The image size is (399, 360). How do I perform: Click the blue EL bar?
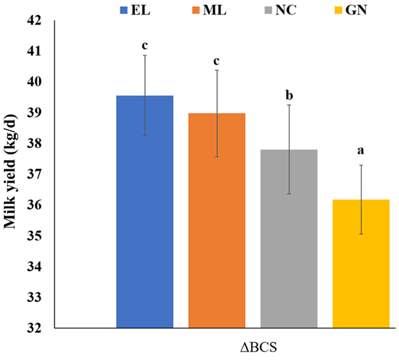coord(145,222)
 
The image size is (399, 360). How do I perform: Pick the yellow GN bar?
coord(361,266)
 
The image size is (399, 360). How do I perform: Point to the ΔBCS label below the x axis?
coord(255,348)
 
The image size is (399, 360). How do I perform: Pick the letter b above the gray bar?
coord(289,95)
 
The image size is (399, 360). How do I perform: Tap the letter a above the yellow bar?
coord(361,151)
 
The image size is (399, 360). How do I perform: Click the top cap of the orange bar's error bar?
coord(217,70)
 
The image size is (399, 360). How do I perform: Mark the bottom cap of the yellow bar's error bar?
coord(361,234)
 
